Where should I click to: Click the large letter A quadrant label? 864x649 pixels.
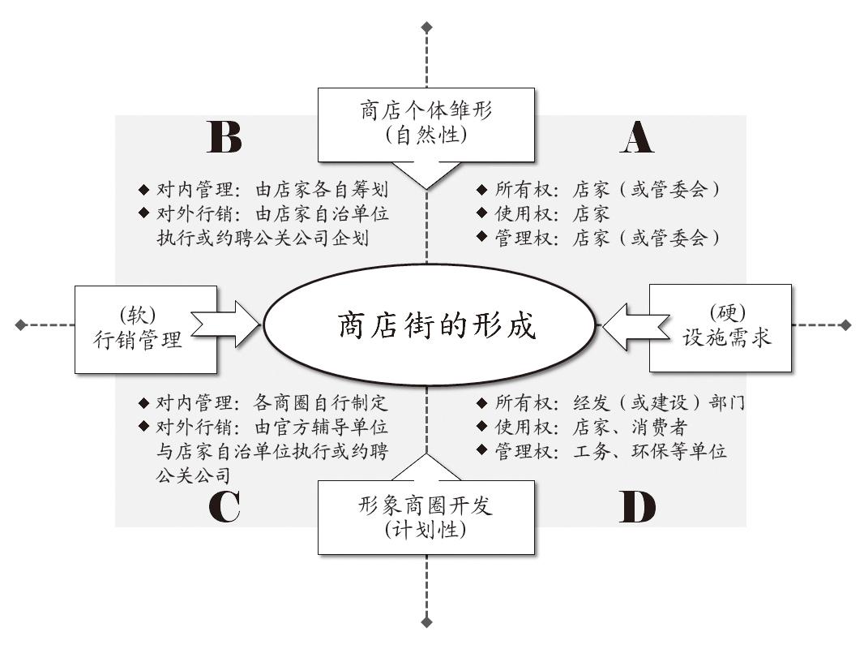[x=637, y=137]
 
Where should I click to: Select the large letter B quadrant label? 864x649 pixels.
[x=225, y=137]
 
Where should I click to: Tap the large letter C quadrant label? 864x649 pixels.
[x=225, y=506]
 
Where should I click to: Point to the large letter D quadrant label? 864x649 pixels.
[x=638, y=506]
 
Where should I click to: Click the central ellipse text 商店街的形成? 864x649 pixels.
[x=436, y=324]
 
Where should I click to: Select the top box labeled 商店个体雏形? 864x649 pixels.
[x=426, y=125]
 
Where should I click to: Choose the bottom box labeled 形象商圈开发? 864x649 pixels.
[x=426, y=518]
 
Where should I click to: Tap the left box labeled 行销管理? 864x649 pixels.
[x=145, y=329]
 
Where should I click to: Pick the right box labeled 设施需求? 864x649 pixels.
[x=721, y=328]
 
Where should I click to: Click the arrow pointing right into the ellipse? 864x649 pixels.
[x=226, y=324]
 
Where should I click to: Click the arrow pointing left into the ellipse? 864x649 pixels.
[x=635, y=326]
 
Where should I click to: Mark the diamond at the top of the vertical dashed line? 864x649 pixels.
[x=426, y=27]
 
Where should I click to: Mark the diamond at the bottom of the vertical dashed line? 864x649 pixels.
[x=426, y=622]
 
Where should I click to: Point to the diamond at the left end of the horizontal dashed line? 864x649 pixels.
[x=21, y=324]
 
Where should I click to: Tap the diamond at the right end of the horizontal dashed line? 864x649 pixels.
[x=846, y=324]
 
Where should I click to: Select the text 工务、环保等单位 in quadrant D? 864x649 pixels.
[x=650, y=452]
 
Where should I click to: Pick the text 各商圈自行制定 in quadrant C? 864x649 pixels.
[x=321, y=403]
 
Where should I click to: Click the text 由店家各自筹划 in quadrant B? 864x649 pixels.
[x=322, y=190]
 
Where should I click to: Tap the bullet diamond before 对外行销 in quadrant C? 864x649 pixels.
[x=143, y=426]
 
